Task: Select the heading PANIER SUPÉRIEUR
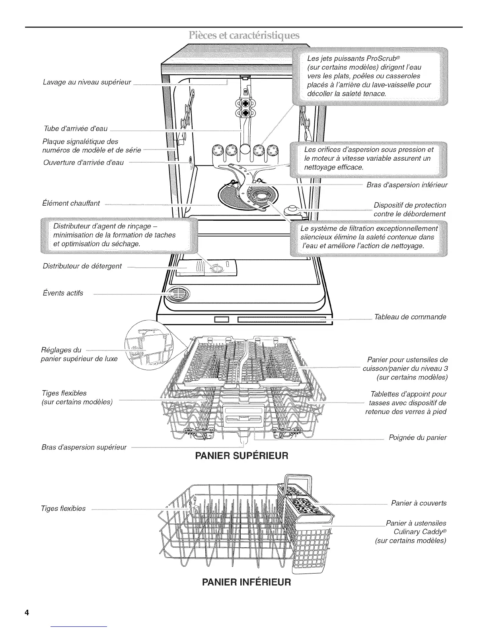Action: pos(241,455)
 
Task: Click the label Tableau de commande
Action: pos(410,317)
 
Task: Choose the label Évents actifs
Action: pos(63,293)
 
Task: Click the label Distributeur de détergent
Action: pos(82,266)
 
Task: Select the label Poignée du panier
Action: pos(417,437)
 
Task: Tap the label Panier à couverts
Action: pos(419,503)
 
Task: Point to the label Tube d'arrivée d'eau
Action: pos(75,128)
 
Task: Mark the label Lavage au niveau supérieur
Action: pos(87,82)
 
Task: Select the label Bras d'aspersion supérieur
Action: pos(84,447)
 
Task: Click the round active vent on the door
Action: pos(178,295)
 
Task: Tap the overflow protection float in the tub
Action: pos(292,209)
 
